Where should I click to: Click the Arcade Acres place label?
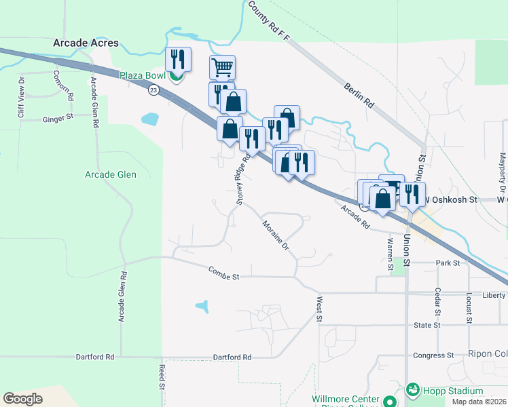(x=86, y=43)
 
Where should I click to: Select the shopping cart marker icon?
(x=222, y=68)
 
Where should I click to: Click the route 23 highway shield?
(x=154, y=90)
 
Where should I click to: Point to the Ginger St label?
(x=58, y=117)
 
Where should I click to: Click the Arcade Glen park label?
(x=111, y=174)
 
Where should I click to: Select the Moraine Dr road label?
(x=276, y=234)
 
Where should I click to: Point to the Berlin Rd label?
(x=359, y=96)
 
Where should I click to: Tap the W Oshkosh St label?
(x=451, y=200)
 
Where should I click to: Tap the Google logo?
(x=22, y=399)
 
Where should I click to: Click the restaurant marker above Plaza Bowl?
(x=178, y=59)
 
